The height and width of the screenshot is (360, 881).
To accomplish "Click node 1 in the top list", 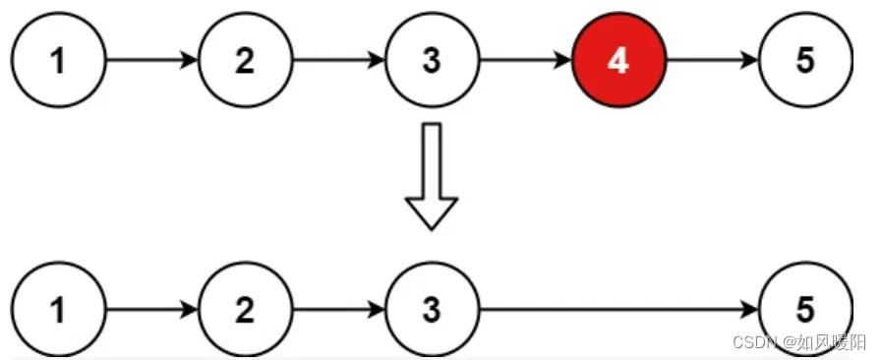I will click(x=59, y=61).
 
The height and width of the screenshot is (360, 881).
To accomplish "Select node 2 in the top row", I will click(x=245, y=61).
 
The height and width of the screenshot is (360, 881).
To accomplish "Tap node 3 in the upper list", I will click(x=431, y=61).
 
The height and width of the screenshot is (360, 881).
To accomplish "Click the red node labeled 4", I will click(x=617, y=61).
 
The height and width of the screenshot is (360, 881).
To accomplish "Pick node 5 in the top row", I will click(x=804, y=61).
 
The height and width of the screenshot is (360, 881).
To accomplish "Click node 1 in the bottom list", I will click(x=59, y=311).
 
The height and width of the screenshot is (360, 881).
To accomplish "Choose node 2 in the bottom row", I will click(x=245, y=311).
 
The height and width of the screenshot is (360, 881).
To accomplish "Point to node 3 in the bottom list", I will click(x=431, y=311).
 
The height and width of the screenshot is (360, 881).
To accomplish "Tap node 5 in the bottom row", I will click(x=804, y=311).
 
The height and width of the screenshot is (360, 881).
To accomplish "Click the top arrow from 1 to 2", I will click(x=151, y=61).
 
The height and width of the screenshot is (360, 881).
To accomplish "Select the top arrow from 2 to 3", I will click(x=338, y=61).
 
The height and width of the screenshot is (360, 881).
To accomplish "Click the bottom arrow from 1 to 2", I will click(x=151, y=311).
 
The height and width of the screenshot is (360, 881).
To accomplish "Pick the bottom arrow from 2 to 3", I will click(x=338, y=311).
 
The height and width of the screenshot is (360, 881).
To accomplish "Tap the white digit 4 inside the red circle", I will click(x=617, y=61).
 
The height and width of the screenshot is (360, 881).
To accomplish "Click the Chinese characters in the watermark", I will click(x=834, y=342).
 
